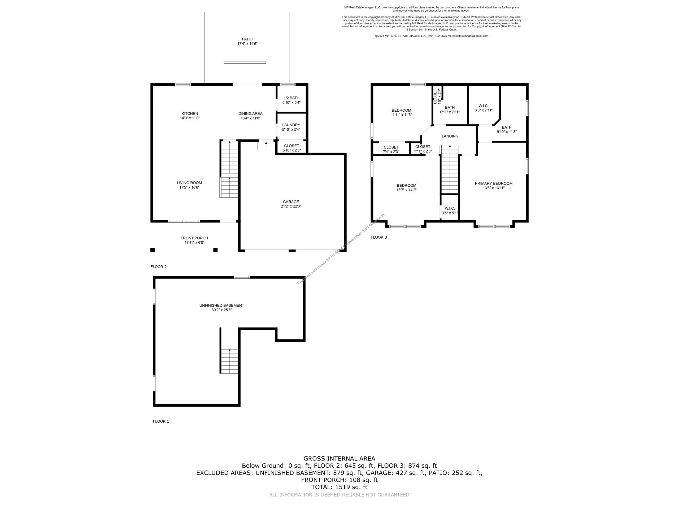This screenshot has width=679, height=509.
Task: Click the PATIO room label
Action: pyautogui.click(x=247, y=39)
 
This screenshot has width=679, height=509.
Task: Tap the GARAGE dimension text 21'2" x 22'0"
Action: pyautogui.click(x=291, y=207)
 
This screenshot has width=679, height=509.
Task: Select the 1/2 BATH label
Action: pyautogui.click(x=291, y=98)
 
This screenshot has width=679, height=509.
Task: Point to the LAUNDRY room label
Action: pyautogui.click(x=291, y=125)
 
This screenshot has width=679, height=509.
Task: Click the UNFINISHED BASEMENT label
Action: pyautogui.click(x=222, y=306)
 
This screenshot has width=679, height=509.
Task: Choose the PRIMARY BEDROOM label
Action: pyautogui.click(x=494, y=183)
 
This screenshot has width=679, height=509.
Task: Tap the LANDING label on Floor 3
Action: pyautogui.click(x=450, y=136)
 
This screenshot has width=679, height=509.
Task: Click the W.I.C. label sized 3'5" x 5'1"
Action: pyautogui.click(x=450, y=209)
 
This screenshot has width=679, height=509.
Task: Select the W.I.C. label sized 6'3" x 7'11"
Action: pyautogui.click(x=484, y=106)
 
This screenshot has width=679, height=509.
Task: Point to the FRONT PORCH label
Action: pyautogui.click(x=194, y=238)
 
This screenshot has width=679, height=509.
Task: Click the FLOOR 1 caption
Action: pyautogui.click(x=161, y=421)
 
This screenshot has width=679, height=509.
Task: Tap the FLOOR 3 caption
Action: pyautogui.click(x=379, y=237)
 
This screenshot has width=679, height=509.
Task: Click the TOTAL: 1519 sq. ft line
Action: pyautogui.click(x=339, y=487)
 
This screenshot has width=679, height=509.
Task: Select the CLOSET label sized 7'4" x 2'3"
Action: pyautogui.click(x=391, y=147)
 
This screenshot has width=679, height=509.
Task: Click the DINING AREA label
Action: pyautogui.click(x=250, y=113)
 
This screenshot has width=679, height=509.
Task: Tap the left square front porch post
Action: pyautogui.click(x=153, y=250)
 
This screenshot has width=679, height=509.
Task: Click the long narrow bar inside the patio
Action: pyautogui.click(x=245, y=63)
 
